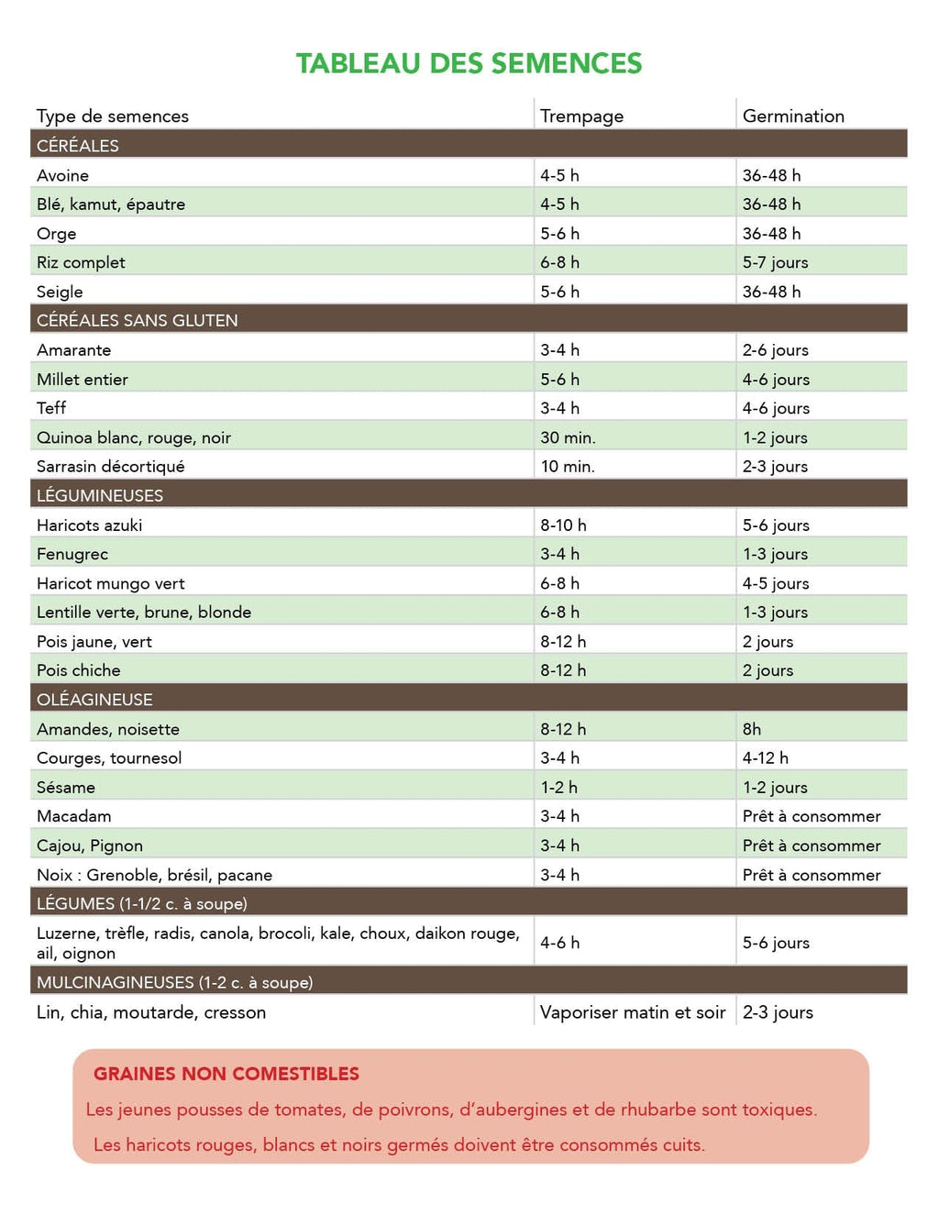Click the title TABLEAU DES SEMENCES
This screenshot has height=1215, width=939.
point(469,63)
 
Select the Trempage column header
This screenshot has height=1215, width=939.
point(581,116)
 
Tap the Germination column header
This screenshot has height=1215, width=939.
point(793,116)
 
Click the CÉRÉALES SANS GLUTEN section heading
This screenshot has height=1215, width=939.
point(137,320)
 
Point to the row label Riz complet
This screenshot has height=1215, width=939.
point(81,262)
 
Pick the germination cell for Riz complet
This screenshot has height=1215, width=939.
point(775,262)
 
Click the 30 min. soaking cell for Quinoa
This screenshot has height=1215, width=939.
point(568,437)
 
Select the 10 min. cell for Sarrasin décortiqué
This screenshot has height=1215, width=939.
point(568,467)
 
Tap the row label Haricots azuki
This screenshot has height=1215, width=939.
point(89,525)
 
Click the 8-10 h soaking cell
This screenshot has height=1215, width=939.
point(563,525)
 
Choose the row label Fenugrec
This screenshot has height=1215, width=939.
point(72,554)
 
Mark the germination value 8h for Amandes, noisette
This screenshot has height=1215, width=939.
point(752,729)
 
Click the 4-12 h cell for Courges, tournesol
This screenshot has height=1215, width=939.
point(765,758)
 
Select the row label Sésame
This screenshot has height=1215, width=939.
point(66,788)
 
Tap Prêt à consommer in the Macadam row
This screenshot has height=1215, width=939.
point(812,816)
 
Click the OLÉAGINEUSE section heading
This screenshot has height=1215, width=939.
point(94,700)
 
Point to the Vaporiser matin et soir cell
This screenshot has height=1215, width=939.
point(633,1012)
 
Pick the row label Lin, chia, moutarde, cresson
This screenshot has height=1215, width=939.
point(151,1012)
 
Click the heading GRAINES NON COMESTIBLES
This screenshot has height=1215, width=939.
point(226,1074)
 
